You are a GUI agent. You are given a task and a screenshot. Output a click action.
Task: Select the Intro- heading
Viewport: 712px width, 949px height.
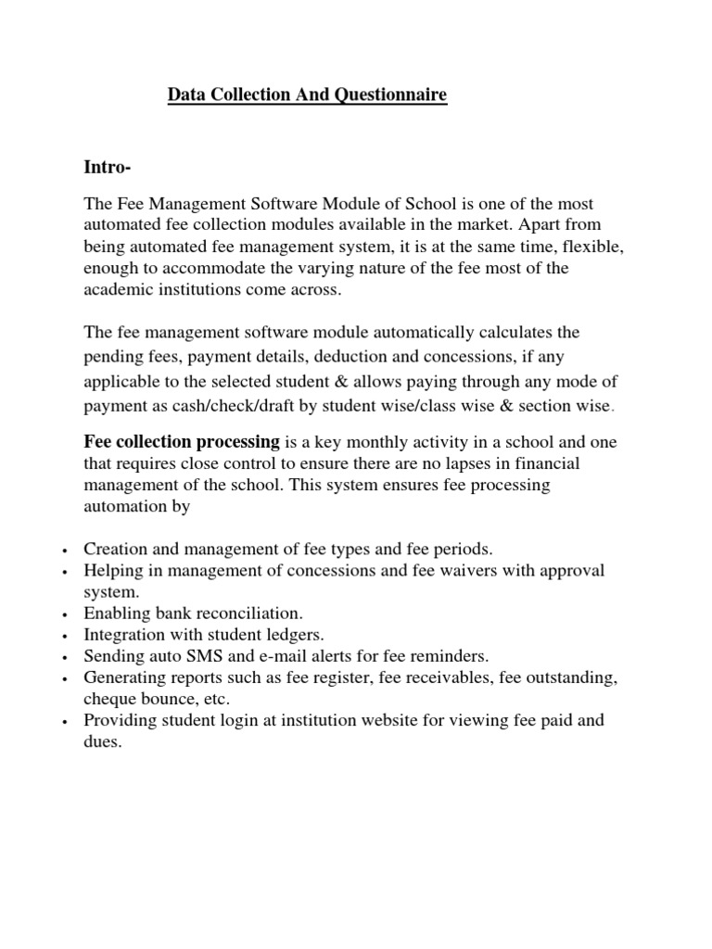(108, 167)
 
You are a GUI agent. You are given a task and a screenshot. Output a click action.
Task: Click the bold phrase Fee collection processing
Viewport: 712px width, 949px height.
(182, 441)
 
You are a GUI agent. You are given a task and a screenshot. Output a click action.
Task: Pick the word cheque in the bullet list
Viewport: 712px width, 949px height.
(109, 698)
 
